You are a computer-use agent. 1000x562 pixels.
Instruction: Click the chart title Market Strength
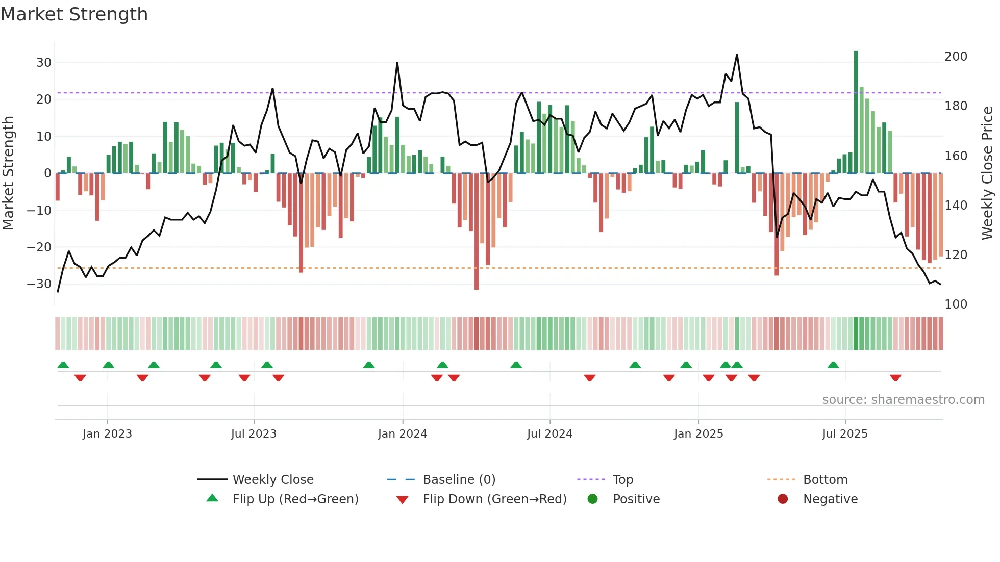tap(74, 14)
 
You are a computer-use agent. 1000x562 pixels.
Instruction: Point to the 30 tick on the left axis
tap(44, 63)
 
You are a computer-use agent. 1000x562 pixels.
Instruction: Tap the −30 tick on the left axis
tap(40, 284)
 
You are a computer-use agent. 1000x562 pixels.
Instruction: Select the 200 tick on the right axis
tap(956, 57)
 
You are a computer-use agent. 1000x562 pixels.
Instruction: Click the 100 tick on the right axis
tap(956, 304)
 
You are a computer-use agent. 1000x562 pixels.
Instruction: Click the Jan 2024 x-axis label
tap(402, 434)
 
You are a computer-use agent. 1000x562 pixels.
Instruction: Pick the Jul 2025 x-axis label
tap(844, 434)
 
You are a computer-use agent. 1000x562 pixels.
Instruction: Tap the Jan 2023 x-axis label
tap(107, 434)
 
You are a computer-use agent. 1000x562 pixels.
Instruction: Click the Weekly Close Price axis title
tap(987, 173)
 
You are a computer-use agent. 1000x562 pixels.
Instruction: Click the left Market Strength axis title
tap(9, 173)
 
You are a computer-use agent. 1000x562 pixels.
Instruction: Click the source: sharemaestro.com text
tap(903, 400)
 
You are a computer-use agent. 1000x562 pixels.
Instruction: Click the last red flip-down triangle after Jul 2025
tap(895, 378)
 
